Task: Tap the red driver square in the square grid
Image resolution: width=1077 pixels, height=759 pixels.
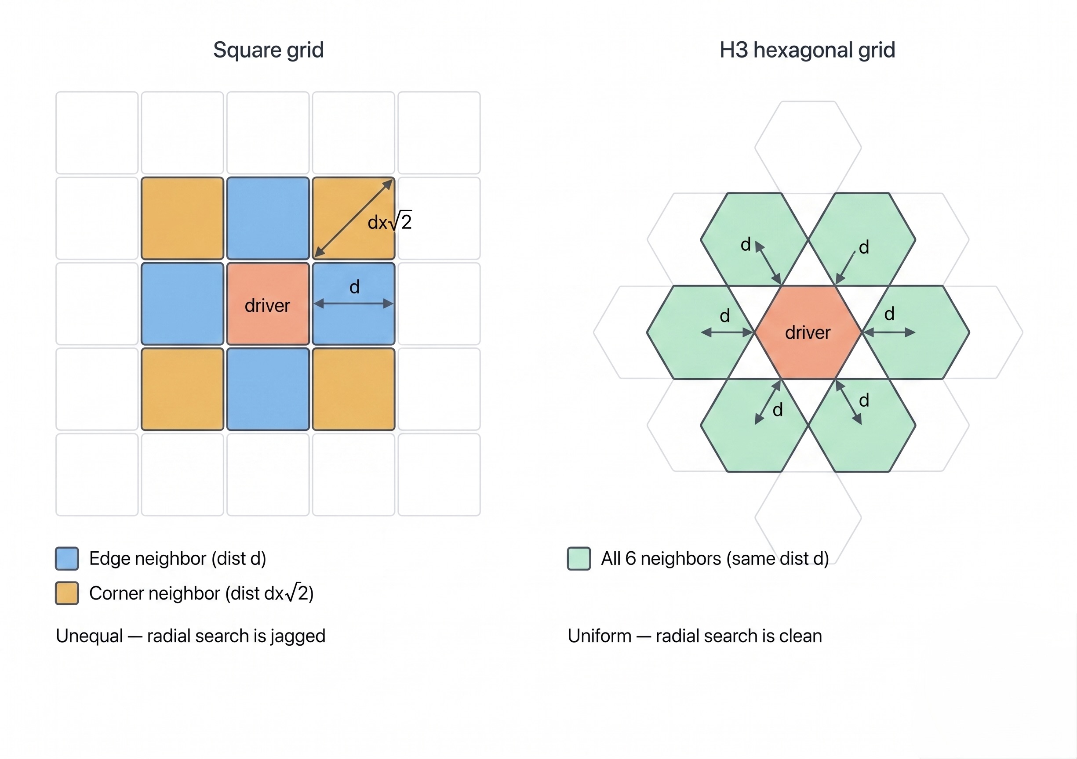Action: pos(268,304)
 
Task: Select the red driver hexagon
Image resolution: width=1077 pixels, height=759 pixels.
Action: pos(808,333)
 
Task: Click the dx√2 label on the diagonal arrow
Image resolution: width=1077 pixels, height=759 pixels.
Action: pos(390,221)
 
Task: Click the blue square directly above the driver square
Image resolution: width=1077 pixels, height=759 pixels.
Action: pos(268,218)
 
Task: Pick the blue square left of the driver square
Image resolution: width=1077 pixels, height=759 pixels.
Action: pos(182,304)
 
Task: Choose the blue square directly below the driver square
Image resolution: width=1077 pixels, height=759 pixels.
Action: pos(268,389)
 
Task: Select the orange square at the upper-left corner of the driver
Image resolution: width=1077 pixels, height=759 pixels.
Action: pos(182,218)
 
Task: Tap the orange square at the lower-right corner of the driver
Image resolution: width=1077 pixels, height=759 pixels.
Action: pos(354,389)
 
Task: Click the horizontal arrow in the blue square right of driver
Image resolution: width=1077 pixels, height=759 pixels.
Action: pos(353,304)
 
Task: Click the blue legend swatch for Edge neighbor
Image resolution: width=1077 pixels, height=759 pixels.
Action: pos(67,558)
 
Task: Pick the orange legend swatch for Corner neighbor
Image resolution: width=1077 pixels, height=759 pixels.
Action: pos(67,593)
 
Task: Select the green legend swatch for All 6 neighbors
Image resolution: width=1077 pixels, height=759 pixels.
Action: pos(579,558)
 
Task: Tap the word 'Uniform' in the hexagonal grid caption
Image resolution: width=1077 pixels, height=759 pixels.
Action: pos(600,636)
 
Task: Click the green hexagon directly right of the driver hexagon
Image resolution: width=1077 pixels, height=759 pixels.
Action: pos(916,333)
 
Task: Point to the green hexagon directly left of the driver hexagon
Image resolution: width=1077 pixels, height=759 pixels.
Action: pos(700,333)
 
